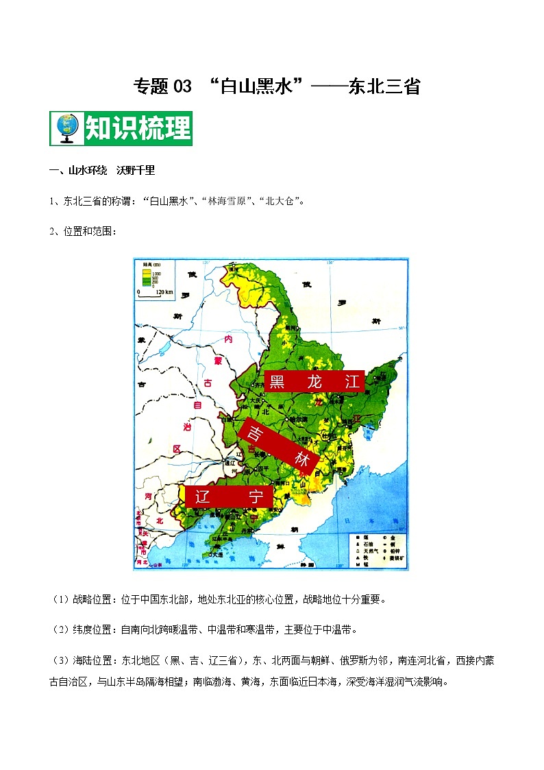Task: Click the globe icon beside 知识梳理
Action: click(x=66, y=128)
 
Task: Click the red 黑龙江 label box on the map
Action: click(x=314, y=382)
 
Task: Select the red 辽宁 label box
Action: click(x=229, y=497)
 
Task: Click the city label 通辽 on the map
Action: click(x=231, y=463)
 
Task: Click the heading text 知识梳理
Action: click(x=137, y=128)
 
